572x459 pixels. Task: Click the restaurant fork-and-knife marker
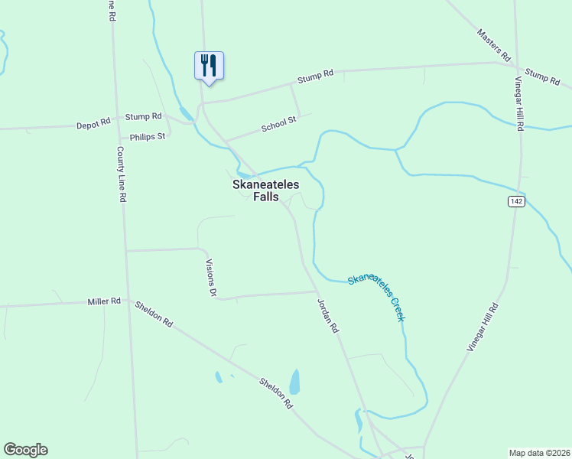click(209, 65)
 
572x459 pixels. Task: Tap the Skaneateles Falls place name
click(265, 190)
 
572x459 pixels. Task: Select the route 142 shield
click(516, 200)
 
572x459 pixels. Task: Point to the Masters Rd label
click(493, 45)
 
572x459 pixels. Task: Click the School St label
click(278, 124)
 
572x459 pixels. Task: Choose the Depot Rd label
click(94, 122)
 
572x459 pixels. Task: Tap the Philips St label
click(148, 137)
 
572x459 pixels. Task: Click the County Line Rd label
click(122, 174)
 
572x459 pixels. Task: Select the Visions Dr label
click(212, 277)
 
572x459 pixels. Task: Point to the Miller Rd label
click(105, 302)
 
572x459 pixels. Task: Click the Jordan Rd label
click(328, 315)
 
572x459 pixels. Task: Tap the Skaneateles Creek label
click(375, 297)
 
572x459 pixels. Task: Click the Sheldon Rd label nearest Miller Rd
click(154, 314)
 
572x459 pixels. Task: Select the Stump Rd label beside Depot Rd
click(144, 116)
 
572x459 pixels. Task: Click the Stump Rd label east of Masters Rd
click(543, 77)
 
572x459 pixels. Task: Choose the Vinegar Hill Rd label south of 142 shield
click(483, 327)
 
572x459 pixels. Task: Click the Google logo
click(25, 450)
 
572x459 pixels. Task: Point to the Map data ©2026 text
click(539, 452)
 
